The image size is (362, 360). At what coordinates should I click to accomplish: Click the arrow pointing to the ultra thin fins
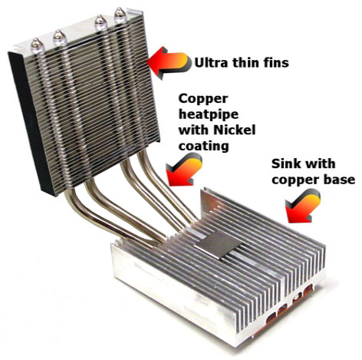(169, 62)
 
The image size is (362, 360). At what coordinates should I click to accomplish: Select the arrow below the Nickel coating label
(184, 170)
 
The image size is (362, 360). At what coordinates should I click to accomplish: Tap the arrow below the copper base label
(303, 206)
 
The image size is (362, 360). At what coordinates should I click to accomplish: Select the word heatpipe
(209, 114)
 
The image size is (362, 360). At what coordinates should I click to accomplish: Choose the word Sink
(285, 163)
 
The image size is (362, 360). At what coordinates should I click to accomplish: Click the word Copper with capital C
(203, 99)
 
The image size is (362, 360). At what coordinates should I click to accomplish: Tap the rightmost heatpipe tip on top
(120, 15)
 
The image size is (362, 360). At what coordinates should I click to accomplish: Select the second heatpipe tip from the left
(60, 38)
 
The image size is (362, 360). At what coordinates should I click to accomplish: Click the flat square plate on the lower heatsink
(217, 244)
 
